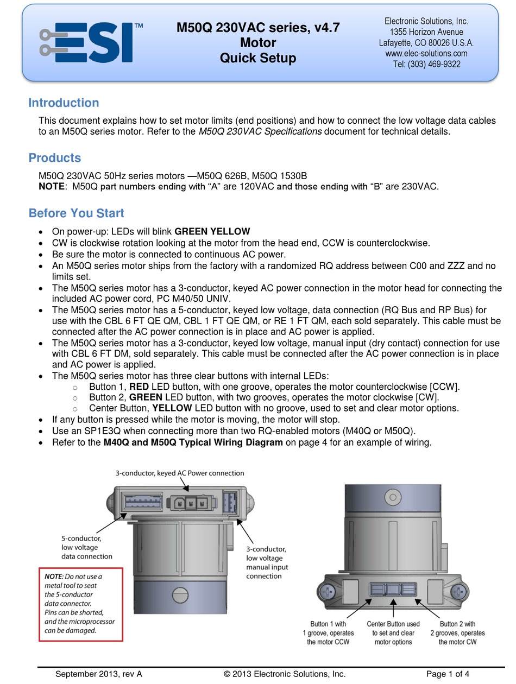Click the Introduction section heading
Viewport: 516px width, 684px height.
64,103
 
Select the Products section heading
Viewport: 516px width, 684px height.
54,158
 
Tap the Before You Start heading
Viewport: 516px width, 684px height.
76,213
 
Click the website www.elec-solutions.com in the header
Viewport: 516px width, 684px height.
426,53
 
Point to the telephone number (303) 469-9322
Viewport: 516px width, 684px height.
426,64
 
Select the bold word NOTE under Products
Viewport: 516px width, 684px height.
52,187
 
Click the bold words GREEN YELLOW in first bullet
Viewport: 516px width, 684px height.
212,231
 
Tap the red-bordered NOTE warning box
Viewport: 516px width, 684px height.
80,603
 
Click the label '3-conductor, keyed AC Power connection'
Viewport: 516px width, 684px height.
179,473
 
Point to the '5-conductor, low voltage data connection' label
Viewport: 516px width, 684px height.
86,547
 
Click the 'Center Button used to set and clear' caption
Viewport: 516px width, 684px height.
393,633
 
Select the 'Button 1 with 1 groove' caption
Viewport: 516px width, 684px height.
328,633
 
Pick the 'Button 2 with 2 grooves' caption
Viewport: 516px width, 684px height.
457,633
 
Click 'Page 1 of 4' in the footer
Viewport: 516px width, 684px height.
448,674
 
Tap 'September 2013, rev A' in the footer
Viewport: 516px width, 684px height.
98,674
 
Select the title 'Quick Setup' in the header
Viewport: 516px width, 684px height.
258,58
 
